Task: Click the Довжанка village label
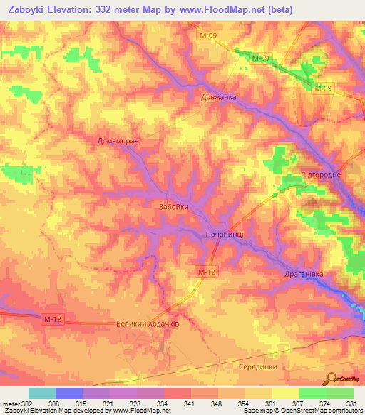click(x=217, y=97)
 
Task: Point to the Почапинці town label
click(x=225, y=234)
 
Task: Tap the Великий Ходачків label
click(x=148, y=324)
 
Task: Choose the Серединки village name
click(x=257, y=365)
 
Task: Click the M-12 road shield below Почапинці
click(x=206, y=272)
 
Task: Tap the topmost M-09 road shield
click(x=207, y=34)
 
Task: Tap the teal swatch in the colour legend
click(x=42, y=393)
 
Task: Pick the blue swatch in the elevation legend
click(x=69, y=393)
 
